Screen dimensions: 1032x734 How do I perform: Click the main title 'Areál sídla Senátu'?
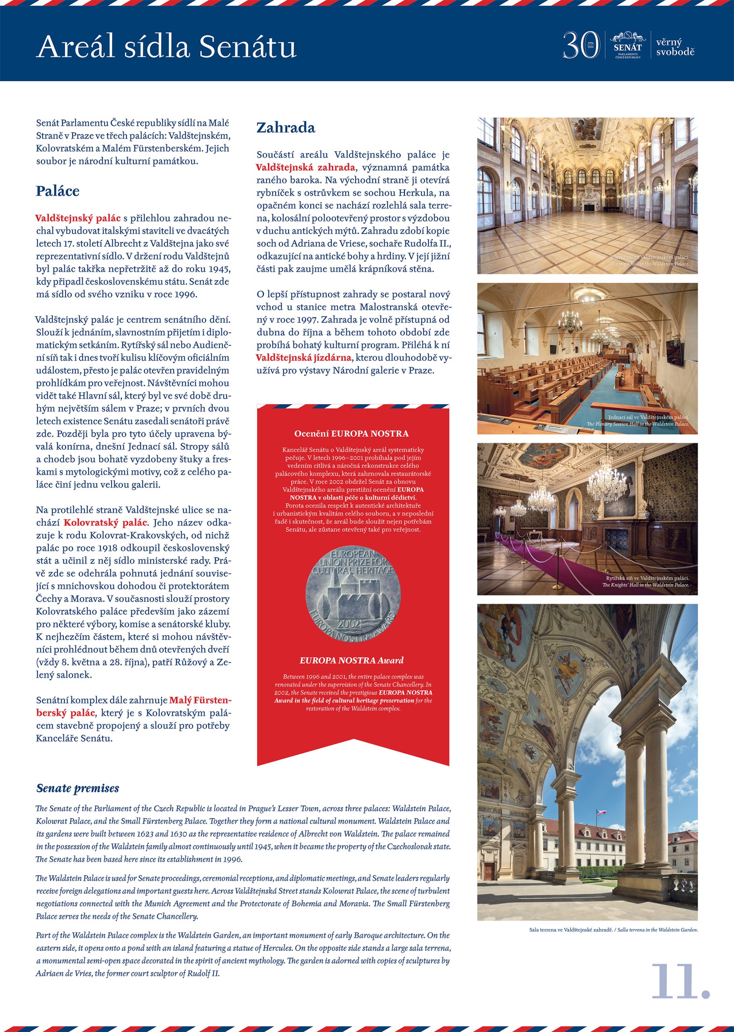tap(166, 46)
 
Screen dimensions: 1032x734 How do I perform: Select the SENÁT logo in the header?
tap(628, 45)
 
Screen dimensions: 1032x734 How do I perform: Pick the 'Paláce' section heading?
tap(57, 191)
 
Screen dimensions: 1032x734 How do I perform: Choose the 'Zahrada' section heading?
tap(286, 127)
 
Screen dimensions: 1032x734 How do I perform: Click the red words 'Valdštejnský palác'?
tap(78, 218)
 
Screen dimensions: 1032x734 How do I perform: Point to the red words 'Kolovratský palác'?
tap(105, 522)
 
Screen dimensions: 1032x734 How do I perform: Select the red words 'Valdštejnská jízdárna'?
tap(303, 358)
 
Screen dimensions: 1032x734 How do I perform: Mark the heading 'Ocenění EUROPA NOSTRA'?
tap(351, 434)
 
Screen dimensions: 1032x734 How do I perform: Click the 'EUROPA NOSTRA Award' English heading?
tap(351, 660)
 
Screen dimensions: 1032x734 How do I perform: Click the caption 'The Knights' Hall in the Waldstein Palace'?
tap(645, 585)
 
